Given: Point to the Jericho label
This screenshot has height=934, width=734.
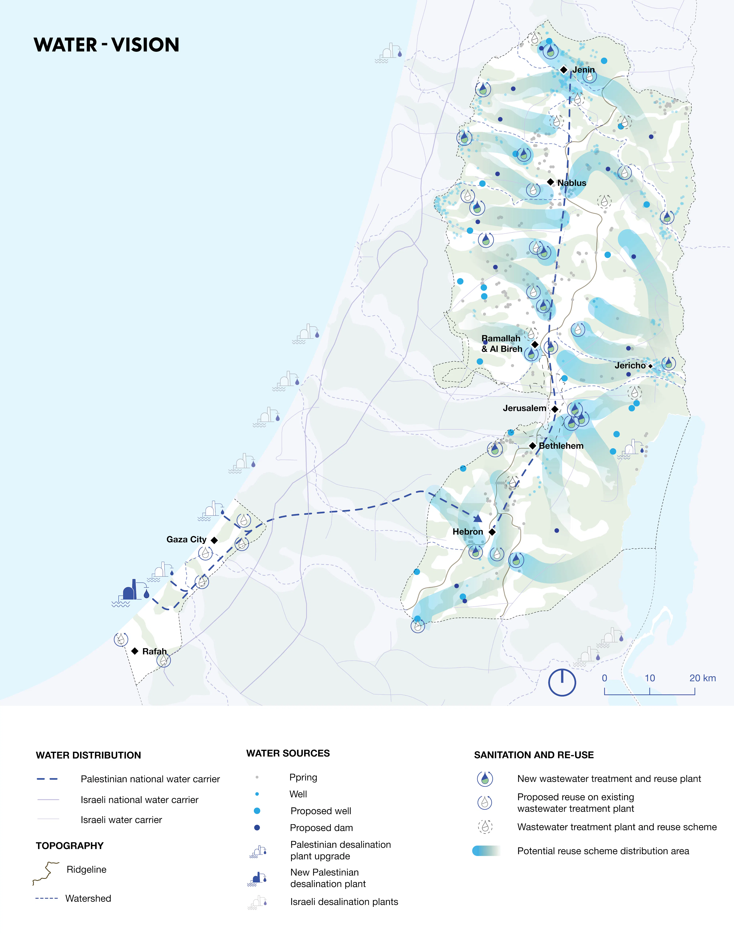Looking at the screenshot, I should click(630, 366).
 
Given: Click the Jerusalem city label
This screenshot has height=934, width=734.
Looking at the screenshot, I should click(524, 408).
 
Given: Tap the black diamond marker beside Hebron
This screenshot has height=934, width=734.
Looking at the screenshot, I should click(493, 532).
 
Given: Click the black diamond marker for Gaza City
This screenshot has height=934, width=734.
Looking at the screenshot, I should click(214, 540).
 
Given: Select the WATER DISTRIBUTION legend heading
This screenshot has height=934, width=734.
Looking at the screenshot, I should click(88, 755).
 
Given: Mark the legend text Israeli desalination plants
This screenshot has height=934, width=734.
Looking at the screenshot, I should click(344, 902).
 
